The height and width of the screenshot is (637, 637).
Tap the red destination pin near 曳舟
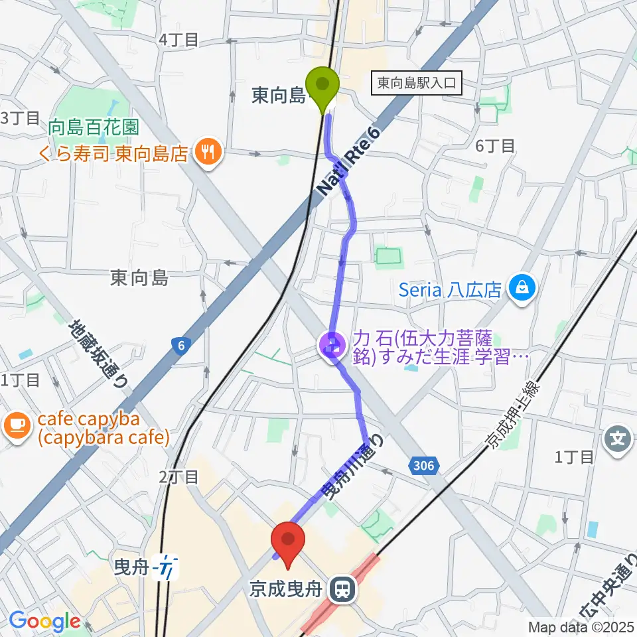[289, 543]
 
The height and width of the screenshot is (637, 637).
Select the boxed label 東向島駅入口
[417, 83]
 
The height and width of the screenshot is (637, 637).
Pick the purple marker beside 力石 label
[331, 345]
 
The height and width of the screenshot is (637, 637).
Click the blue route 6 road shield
[178, 345]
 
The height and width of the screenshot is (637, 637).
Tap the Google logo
[44, 622]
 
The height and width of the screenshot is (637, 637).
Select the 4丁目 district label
[178, 40]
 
